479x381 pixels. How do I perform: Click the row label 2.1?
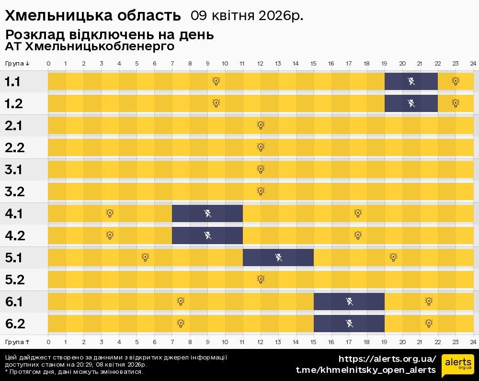[14, 126]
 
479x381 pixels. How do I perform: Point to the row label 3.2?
[14, 192]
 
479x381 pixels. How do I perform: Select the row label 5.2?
[14, 280]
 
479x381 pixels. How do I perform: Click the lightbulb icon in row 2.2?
[261, 147]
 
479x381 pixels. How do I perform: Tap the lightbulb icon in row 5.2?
[261, 280]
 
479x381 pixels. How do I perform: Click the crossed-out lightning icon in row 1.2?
[411, 103]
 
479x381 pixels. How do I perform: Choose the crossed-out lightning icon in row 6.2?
[349, 324]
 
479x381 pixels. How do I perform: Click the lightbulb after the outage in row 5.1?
[393, 258]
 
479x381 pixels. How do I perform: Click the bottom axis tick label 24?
[473, 342]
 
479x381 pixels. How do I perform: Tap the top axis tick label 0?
[48, 64]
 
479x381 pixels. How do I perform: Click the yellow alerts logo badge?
[457, 366]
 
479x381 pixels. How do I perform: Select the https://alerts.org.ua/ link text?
[387, 359]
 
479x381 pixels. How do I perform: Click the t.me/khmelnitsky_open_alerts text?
[366, 370]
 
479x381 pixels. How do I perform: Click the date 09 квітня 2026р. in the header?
[247, 16]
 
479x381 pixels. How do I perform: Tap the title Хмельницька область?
[93, 16]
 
